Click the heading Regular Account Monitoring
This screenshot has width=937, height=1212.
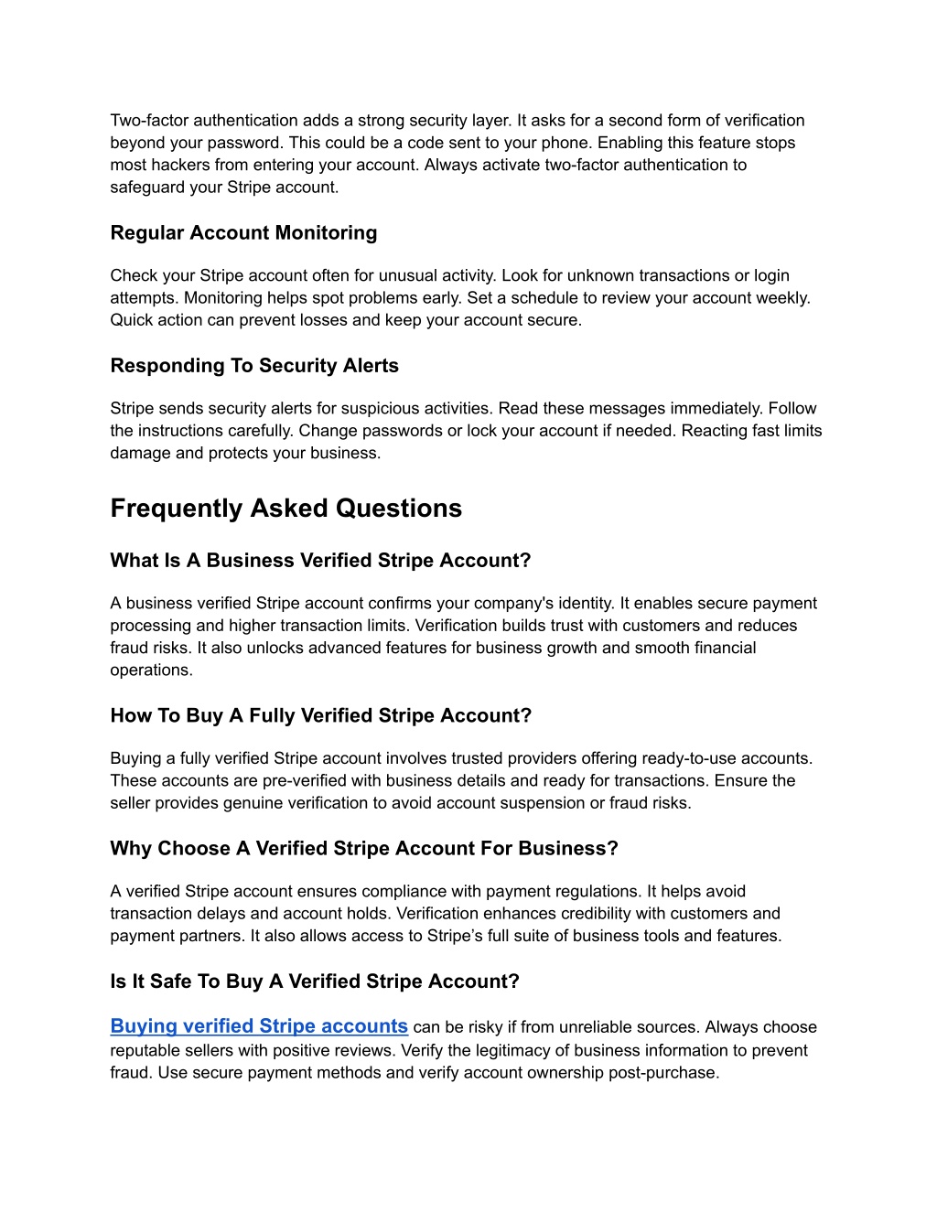pyautogui.click(x=243, y=233)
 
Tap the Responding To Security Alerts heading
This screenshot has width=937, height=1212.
pyautogui.click(x=254, y=366)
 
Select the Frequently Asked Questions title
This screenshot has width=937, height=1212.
pyautogui.click(x=285, y=509)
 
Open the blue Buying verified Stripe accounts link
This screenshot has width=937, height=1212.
pyautogui.click(x=259, y=1026)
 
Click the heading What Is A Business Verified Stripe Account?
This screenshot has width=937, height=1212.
pyautogui.click(x=320, y=561)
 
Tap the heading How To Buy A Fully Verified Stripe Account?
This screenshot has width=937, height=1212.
pyautogui.click(x=320, y=716)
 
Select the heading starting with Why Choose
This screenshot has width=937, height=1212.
pyautogui.click(x=364, y=849)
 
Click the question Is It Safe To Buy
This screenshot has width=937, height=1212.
pyautogui.click(x=315, y=981)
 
